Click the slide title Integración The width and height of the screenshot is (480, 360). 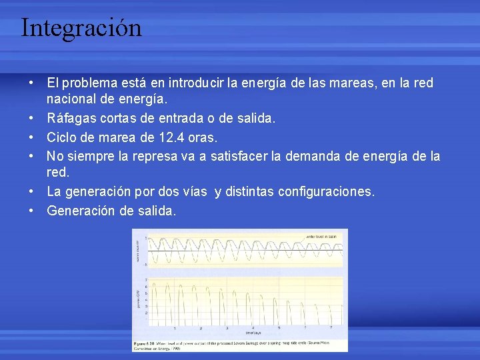81,28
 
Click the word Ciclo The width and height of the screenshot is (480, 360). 61,137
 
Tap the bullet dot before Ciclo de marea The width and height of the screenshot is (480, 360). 31,137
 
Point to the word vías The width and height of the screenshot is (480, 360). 193,192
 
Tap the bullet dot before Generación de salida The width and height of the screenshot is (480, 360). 31,211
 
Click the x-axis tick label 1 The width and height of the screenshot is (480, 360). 175,328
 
